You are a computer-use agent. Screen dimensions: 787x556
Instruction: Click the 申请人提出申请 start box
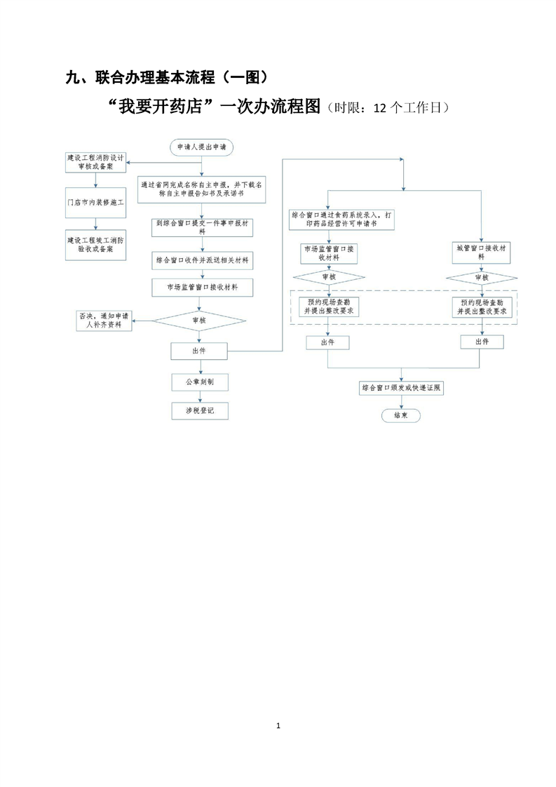point(202,147)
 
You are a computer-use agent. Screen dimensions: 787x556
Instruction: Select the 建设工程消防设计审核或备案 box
point(95,163)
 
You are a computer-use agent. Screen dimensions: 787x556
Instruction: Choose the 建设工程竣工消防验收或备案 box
point(95,244)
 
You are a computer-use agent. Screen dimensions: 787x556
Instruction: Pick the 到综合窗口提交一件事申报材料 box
point(202,228)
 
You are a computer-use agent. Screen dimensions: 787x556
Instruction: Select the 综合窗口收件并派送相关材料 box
point(202,260)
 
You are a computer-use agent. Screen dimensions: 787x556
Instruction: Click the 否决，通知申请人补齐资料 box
point(104,321)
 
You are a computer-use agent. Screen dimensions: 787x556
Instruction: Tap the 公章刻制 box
point(200,382)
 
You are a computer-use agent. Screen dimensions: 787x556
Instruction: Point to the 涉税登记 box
point(200,411)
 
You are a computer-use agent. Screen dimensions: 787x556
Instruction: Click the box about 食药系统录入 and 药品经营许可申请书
point(342,219)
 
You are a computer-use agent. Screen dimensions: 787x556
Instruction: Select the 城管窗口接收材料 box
point(480,252)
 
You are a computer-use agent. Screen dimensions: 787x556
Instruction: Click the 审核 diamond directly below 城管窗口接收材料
point(481,277)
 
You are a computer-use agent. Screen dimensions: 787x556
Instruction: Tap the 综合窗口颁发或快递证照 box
point(401,388)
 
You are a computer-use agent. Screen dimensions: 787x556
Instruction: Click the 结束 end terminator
point(401,415)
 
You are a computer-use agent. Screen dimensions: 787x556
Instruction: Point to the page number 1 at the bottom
point(278,725)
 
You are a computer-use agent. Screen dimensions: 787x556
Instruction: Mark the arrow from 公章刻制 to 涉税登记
point(200,396)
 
